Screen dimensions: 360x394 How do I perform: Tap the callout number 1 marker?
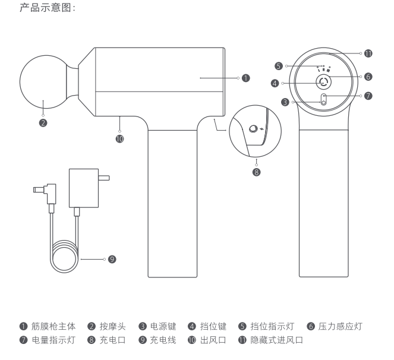click(245, 77)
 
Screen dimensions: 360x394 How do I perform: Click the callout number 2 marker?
click(43, 124)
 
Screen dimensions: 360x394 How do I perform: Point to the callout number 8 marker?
click(257, 172)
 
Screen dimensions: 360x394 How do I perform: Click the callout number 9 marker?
click(112, 259)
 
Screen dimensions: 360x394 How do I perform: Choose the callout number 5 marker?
click(278, 65)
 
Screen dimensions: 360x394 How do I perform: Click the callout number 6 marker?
click(368, 77)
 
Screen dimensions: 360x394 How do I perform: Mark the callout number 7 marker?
click(368, 96)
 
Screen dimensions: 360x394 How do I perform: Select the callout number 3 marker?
click(285, 102)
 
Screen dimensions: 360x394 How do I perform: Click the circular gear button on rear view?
click(323, 83)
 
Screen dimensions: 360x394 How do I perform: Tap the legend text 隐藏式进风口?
click(277, 340)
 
